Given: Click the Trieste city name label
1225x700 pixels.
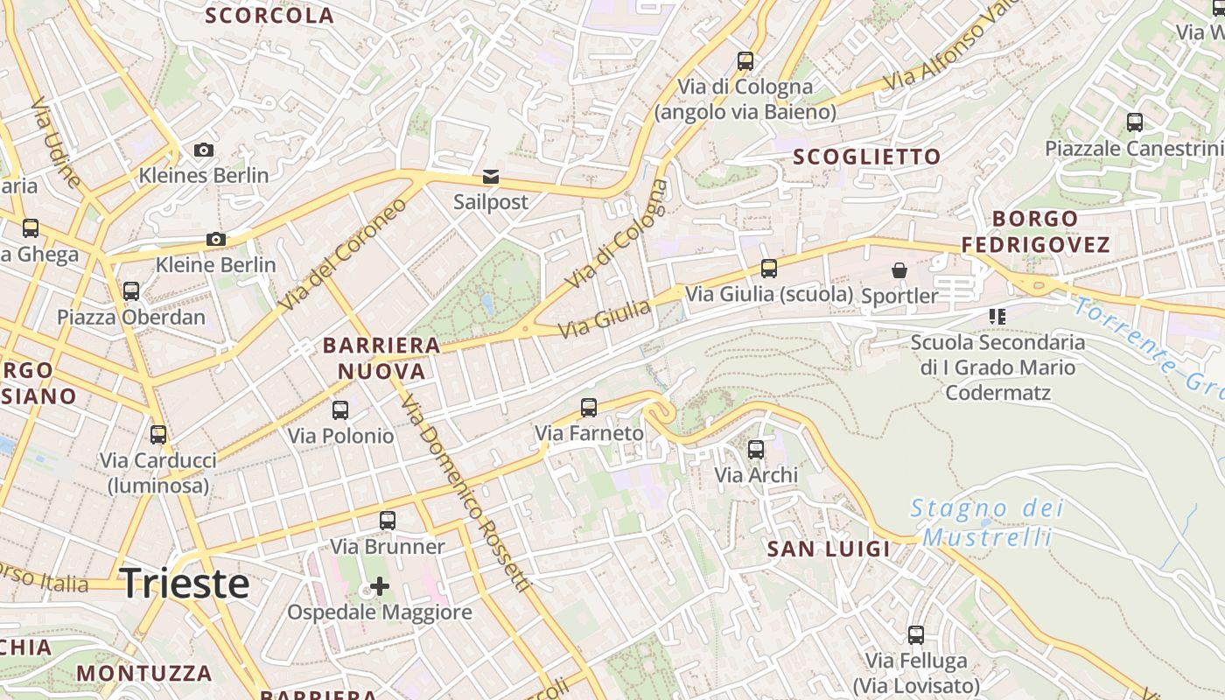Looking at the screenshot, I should tap(185, 584).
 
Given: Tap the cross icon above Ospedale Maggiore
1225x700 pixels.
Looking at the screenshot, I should tap(380, 585).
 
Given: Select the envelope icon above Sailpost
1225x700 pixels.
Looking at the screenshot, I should tap(491, 177).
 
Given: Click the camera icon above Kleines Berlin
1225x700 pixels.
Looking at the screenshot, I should tap(204, 150).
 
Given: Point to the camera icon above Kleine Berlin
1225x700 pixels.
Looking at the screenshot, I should tap(215, 239).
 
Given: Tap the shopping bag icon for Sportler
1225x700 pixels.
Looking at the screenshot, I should tap(899, 270).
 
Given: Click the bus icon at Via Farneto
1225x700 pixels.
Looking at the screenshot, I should tap(589, 407).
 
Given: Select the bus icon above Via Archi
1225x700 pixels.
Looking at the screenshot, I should tap(756, 450).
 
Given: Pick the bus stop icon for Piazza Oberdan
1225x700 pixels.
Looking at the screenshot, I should tap(131, 291).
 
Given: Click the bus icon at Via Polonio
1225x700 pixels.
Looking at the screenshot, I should tap(340, 409).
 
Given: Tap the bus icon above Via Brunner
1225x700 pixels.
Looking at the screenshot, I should tap(388, 521).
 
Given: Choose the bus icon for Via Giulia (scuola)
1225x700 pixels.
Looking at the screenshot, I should tap(769, 269).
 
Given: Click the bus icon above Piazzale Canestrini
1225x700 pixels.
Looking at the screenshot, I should tap(1135, 122).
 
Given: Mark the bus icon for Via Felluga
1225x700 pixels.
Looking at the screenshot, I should tap(916, 635).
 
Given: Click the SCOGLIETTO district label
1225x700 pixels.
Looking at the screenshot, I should tap(866, 157).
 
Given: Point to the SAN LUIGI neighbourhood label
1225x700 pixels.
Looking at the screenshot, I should tap(829, 549).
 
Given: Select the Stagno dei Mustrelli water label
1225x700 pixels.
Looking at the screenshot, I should tap(987, 522).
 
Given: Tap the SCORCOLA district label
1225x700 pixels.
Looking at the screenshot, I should tap(269, 15).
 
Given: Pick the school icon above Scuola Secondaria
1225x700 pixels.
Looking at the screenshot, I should tap(997, 316).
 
